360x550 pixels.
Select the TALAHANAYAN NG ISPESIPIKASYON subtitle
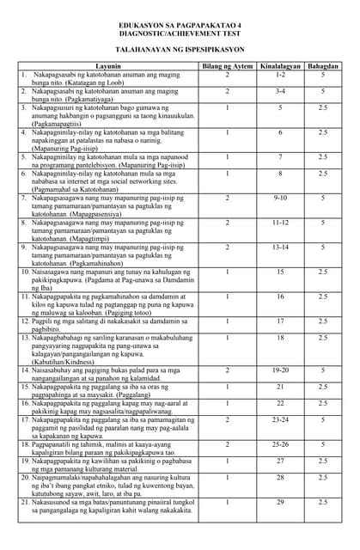[180, 51]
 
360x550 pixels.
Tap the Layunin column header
[108, 66]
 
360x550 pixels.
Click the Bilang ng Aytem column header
[228, 66]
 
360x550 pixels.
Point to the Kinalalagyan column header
[280, 66]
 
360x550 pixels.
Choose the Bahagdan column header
[323, 66]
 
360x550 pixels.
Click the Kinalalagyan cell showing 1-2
[280, 76]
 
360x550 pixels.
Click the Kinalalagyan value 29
[280, 501]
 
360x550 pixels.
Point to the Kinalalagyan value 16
[280, 296]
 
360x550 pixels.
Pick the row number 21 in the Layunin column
[26, 501]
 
